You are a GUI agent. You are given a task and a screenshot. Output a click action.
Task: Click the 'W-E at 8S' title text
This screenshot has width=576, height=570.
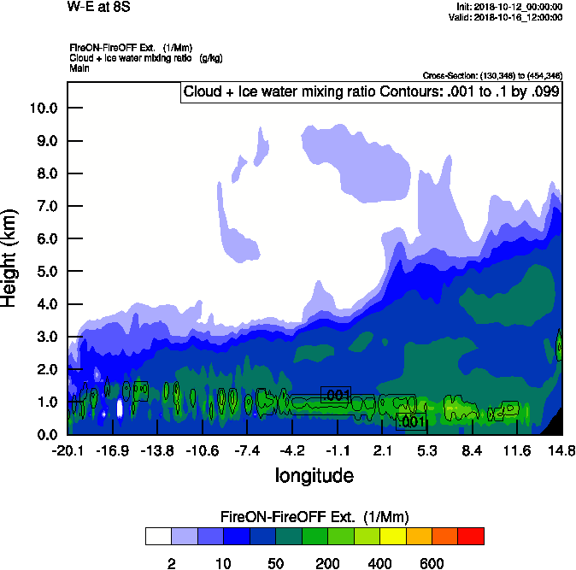(x=98, y=6)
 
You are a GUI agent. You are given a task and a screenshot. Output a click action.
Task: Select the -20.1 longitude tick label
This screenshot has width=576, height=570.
(x=68, y=451)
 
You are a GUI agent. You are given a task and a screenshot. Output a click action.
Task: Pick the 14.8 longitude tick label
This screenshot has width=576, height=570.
(x=561, y=451)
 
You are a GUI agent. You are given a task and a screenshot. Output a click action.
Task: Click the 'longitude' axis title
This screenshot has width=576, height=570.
(x=314, y=474)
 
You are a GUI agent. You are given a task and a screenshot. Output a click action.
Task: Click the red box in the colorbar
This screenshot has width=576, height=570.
(x=471, y=537)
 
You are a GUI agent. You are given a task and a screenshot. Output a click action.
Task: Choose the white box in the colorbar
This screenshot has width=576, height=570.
(x=158, y=537)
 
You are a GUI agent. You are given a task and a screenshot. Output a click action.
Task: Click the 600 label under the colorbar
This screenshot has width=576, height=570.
(x=432, y=564)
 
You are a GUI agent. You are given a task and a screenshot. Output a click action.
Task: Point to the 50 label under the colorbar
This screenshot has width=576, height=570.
(x=275, y=564)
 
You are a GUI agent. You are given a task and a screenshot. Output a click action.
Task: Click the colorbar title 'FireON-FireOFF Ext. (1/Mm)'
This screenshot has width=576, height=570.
(x=314, y=517)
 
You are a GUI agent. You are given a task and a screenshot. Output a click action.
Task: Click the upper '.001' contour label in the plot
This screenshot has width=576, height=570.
(x=336, y=394)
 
